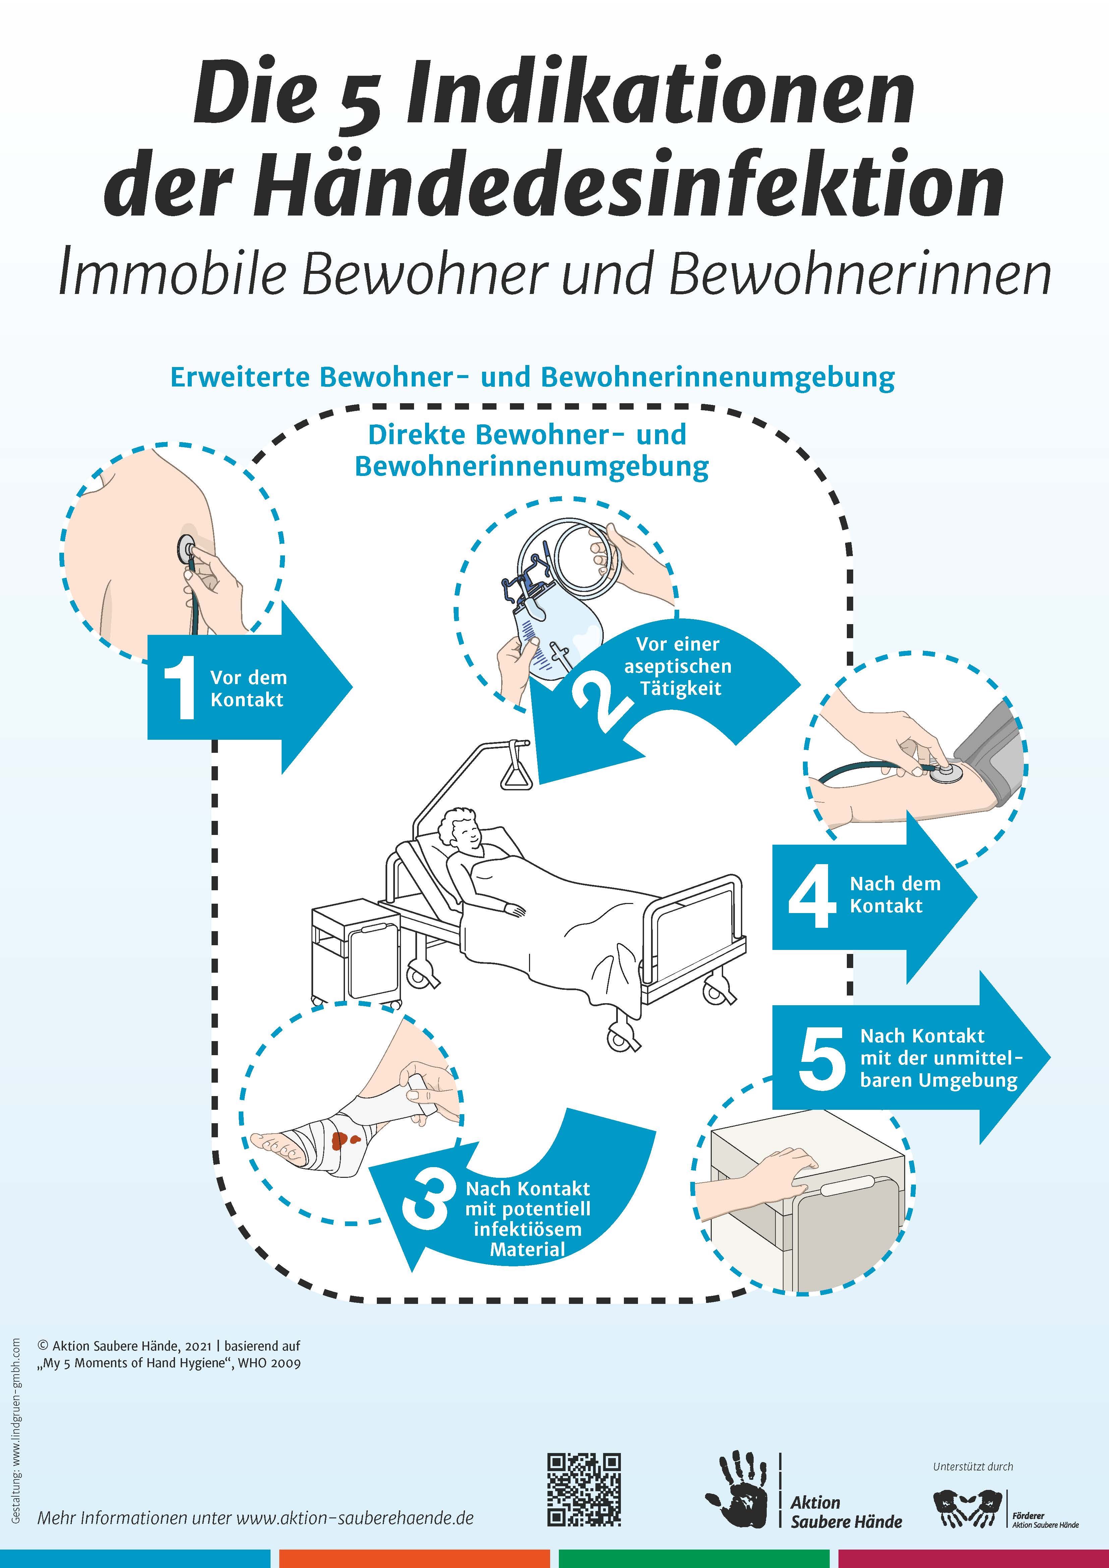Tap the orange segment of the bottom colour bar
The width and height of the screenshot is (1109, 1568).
tap(414, 1558)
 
